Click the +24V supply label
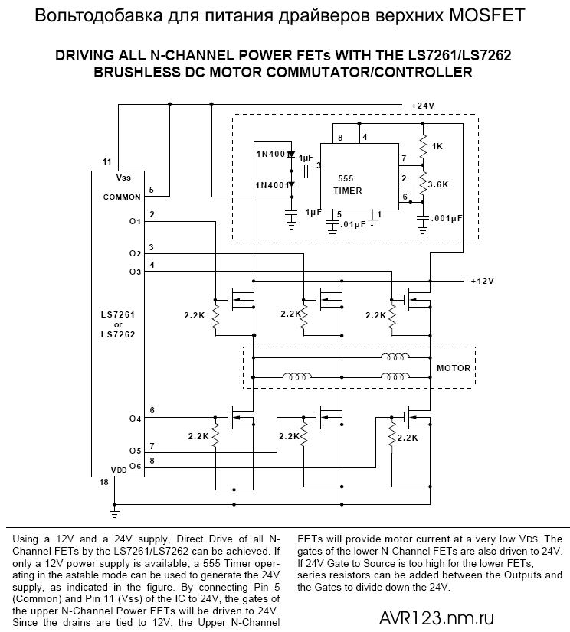tap(424, 105)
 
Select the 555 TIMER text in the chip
tap(345, 184)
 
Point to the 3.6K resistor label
tap(438, 184)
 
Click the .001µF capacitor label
tap(447, 218)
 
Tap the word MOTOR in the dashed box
tap(454, 368)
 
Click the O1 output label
tap(136, 221)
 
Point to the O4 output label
tap(136, 419)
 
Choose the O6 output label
tap(136, 466)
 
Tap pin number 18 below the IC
tap(104, 484)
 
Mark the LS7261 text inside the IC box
tap(117, 314)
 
